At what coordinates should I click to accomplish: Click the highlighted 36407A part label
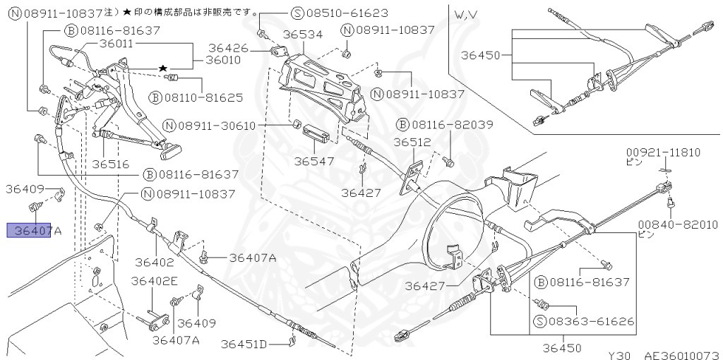tap(29, 230)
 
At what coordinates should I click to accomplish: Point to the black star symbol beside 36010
tap(163, 68)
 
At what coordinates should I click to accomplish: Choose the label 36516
tap(109, 164)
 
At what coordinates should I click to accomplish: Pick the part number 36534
tap(303, 34)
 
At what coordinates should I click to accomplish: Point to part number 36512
tap(412, 142)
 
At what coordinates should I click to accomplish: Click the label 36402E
tap(154, 280)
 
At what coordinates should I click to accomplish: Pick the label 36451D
tap(244, 344)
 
